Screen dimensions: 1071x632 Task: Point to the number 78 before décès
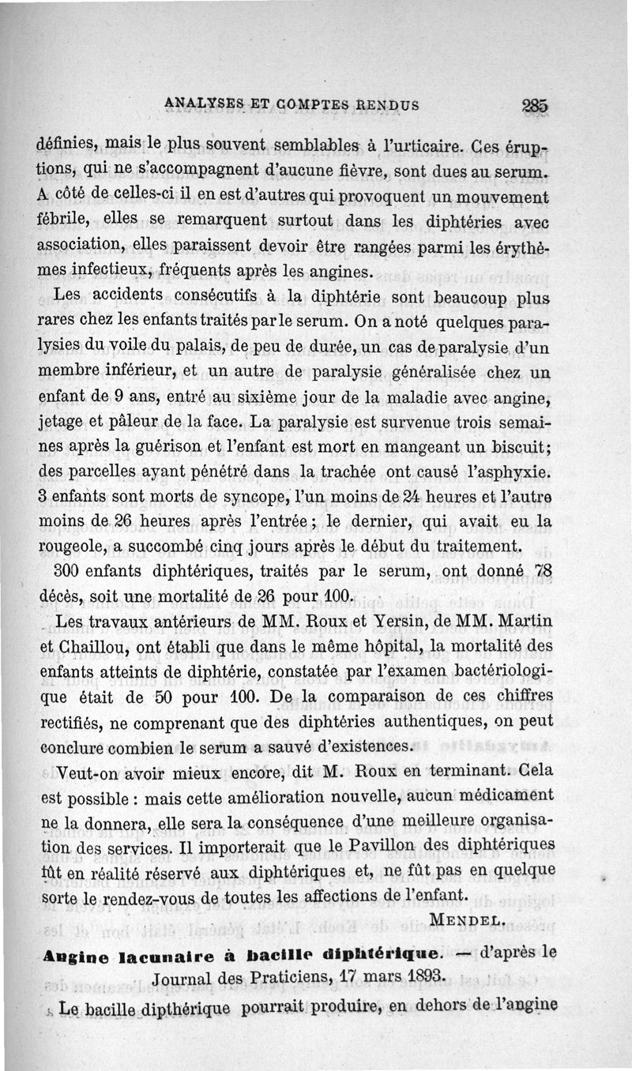pos(542,571)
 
